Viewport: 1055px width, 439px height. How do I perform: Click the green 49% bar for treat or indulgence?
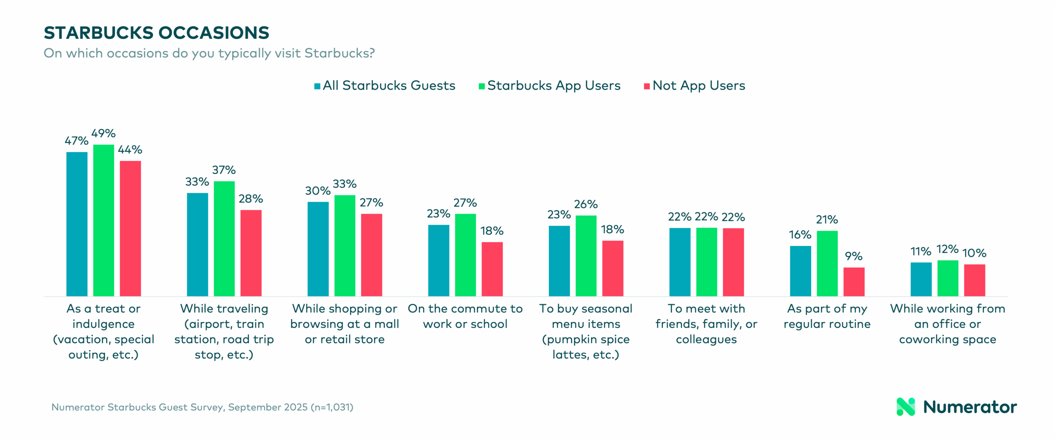point(103,220)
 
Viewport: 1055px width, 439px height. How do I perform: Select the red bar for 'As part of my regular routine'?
point(854,282)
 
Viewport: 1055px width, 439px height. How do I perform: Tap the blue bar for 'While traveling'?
point(197,245)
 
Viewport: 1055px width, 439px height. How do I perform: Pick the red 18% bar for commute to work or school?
point(492,269)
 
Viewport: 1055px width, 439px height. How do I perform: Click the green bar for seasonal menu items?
point(586,256)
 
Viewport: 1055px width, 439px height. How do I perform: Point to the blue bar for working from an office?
point(921,279)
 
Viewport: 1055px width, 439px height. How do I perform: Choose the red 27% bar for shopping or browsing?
point(371,255)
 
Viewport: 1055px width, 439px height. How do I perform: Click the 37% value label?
point(224,170)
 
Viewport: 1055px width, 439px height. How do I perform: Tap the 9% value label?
point(853,256)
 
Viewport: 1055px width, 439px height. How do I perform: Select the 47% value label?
point(76,141)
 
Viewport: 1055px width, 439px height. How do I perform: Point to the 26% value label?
point(586,204)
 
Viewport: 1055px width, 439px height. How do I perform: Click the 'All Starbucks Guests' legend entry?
point(389,86)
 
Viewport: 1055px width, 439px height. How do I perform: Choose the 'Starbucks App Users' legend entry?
point(553,86)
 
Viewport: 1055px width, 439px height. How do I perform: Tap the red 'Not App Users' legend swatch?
point(647,86)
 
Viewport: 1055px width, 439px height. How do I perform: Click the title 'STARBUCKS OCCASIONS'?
point(157,33)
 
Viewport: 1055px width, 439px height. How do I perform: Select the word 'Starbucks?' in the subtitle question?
point(340,54)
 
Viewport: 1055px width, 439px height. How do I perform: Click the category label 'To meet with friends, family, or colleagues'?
point(706,324)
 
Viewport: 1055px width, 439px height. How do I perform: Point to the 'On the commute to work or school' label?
point(465,316)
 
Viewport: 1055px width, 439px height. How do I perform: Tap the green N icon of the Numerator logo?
point(905,407)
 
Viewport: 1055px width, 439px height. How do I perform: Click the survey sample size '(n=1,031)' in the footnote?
point(332,407)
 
